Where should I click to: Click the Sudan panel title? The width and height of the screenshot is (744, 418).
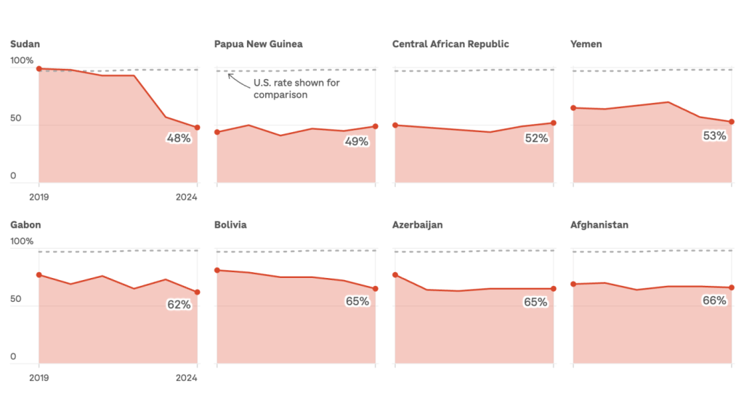[x=25, y=44]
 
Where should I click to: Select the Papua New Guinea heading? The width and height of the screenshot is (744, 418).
[x=258, y=44]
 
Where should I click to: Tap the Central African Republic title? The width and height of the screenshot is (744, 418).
[x=450, y=44]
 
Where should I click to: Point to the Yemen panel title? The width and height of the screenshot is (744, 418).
[x=586, y=44]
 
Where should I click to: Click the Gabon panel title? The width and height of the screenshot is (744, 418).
[x=25, y=225]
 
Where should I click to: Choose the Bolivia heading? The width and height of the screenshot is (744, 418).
[x=230, y=225]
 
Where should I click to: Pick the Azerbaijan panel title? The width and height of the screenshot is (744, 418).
[x=417, y=225]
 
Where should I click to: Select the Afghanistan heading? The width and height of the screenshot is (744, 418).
[x=599, y=225]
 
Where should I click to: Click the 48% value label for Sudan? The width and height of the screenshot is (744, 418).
[x=179, y=138]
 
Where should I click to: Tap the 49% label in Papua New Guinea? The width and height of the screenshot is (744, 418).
[x=357, y=142]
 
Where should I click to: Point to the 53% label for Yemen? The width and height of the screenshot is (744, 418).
[x=714, y=136]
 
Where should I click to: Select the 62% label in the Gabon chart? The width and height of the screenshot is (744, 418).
[x=179, y=305]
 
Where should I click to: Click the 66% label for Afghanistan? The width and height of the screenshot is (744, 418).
[x=714, y=300]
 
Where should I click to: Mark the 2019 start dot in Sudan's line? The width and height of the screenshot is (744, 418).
[x=39, y=69]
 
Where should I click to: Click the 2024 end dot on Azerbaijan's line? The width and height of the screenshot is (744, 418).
[x=554, y=289]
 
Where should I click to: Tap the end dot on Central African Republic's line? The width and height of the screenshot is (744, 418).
[x=554, y=123]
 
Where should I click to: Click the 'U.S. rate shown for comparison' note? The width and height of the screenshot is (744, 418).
[x=296, y=89]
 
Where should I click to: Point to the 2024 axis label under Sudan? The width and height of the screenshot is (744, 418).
[x=186, y=196]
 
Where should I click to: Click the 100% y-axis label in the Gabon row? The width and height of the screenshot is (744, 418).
[x=22, y=242]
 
